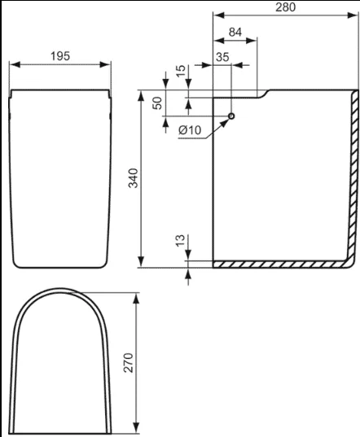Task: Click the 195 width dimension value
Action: pyautogui.click(x=60, y=56)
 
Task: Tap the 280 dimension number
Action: pyautogui.click(x=286, y=7)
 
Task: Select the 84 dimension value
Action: pyautogui.click(x=235, y=33)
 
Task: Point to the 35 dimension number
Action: pyautogui.click(x=222, y=57)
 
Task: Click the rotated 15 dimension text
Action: pyautogui.click(x=181, y=71)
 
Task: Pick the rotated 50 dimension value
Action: pyautogui.click(x=157, y=103)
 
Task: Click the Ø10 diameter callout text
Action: pyautogui.click(x=190, y=130)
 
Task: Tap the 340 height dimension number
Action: pyautogui.click(x=134, y=178)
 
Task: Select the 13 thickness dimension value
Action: pyautogui.click(x=181, y=240)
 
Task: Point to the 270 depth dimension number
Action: pyautogui.click(x=129, y=363)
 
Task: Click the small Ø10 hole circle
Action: pyautogui.click(x=231, y=116)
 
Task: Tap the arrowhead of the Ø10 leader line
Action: pyautogui.click(x=225, y=123)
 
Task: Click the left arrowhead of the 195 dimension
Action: pyautogui.click(x=15, y=64)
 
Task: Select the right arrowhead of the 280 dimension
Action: pyautogui.click(x=352, y=15)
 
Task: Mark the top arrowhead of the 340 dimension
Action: pyautogui.click(x=141, y=95)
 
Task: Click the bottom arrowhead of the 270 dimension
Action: pyautogui.click(x=136, y=428)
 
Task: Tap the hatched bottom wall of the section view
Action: pyautogui.click(x=280, y=264)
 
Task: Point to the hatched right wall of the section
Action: pyautogui.click(x=353, y=176)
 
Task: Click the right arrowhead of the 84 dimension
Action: pyautogui.click(x=251, y=41)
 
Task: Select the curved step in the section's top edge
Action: pyautogui.click(x=264, y=94)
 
